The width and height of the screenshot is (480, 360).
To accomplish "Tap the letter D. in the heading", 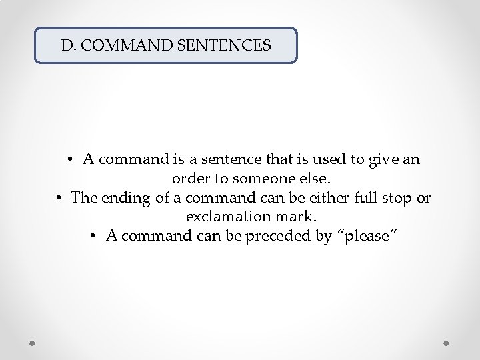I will click(x=67, y=46).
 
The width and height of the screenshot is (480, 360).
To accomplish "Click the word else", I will click(x=312, y=179).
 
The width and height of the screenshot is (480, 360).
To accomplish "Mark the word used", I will click(x=326, y=160).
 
